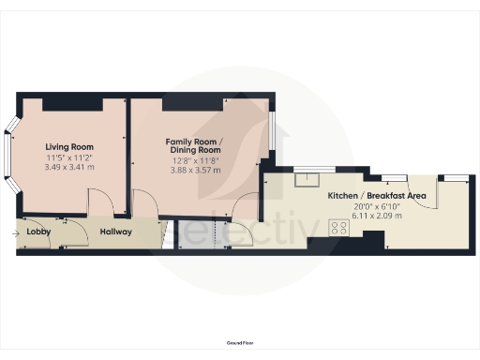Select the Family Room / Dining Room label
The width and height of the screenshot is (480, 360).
[x=193, y=145]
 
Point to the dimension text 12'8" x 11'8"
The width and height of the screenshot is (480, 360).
[x=193, y=160]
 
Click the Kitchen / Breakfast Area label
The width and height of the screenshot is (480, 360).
[x=377, y=195]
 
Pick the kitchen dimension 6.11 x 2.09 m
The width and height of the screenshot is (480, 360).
[x=377, y=215]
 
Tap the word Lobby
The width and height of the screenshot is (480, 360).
[x=38, y=232]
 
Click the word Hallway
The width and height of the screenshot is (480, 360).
[x=116, y=232]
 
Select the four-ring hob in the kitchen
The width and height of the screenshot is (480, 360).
[x=337, y=229]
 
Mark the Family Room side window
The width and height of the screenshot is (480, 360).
[x=273, y=131]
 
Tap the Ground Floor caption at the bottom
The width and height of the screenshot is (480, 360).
[x=240, y=344]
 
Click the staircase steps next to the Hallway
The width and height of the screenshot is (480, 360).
[x=166, y=234]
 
